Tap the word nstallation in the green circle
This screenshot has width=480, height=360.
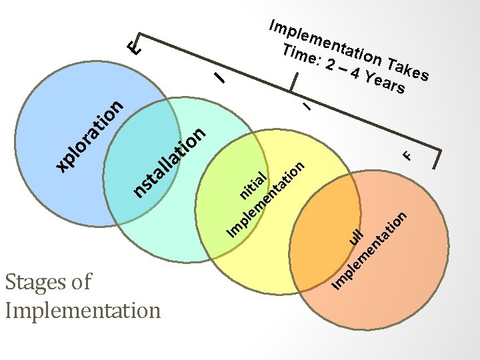(x=169, y=164)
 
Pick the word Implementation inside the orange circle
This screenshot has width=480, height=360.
(x=370, y=251)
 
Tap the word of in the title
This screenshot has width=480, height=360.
(x=79, y=282)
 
